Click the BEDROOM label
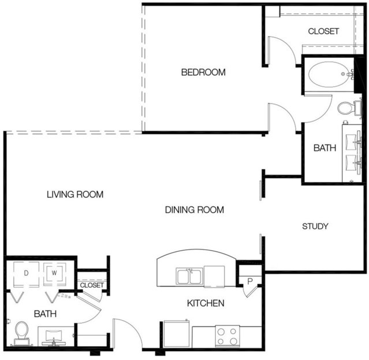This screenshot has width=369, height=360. click(203, 72)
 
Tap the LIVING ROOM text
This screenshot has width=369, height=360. click(75, 195)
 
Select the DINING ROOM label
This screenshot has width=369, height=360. click(195, 210)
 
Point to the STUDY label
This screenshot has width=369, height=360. click(315, 227)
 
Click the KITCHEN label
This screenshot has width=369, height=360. click(206, 303)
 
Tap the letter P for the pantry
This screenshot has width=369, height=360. click(250, 281)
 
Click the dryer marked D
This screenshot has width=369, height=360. click(26, 274)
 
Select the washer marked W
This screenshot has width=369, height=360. click(54, 273)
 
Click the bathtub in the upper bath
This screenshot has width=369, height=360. click(329, 74)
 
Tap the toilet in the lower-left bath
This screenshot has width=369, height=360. click(22, 333)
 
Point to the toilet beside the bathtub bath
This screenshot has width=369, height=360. click(349, 108)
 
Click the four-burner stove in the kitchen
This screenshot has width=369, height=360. click(227, 336)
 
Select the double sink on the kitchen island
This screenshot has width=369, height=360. click(189, 277)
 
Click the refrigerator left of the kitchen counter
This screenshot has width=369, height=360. click(177, 333)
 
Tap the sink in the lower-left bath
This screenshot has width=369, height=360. click(54, 336)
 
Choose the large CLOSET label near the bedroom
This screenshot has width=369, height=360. click(323, 31)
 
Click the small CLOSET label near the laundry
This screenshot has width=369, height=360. click(92, 285)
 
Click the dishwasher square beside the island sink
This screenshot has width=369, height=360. click(214, 276)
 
